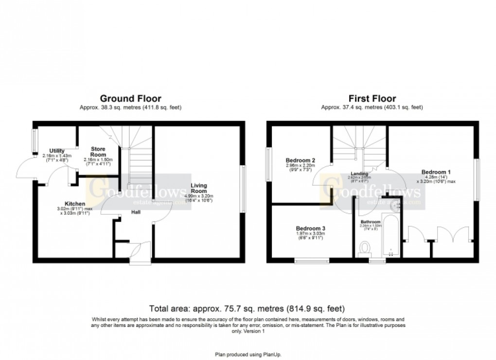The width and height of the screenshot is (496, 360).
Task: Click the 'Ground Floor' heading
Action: point(130,99)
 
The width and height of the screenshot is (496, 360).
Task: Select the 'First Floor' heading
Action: point(372,99)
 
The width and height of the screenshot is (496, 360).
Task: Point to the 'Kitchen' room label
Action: point(75,204)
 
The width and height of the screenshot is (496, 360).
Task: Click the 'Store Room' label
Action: point(98,151)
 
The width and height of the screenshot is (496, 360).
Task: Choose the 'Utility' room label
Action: point(56,151)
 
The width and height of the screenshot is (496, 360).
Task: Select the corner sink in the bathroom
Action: point(396,206)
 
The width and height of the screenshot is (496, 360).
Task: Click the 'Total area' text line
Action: point(248,308)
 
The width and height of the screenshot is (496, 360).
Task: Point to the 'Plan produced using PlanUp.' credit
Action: point(248,354)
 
